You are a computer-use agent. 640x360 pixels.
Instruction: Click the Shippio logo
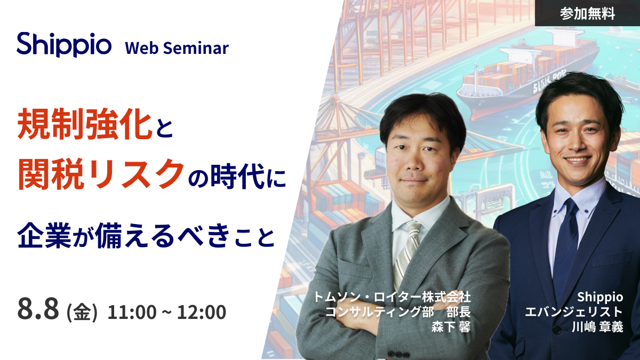tap(64, 45)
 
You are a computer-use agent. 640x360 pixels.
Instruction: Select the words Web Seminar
tap(177, 48)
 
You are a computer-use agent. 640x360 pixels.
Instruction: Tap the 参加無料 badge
tap(587, 13)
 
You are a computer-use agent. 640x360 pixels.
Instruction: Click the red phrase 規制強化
tap(85, 125)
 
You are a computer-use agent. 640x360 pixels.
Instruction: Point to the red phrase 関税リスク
tap(101, 174)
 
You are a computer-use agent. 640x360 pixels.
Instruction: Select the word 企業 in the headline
tap(44, 235)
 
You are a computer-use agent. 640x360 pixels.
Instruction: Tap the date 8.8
tap(38, 309)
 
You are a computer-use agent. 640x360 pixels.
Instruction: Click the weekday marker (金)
tap(82, 312)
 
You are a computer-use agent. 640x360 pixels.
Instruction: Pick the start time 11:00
tap(132, 312)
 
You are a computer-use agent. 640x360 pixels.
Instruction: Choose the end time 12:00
tap(202, 312)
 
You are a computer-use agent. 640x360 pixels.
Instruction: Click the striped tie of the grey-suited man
tap(406, 254)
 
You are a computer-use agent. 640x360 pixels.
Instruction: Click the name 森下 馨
tap(451, 327)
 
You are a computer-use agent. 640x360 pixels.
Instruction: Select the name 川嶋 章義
tap(597, 327)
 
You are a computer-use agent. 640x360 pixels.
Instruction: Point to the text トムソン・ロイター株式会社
tap(392, 297)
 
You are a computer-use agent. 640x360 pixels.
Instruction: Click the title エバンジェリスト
tap(574, 312)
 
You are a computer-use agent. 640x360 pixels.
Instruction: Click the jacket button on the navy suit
tap(557, 330)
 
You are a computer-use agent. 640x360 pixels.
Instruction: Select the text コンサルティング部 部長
tap(398, 312)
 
